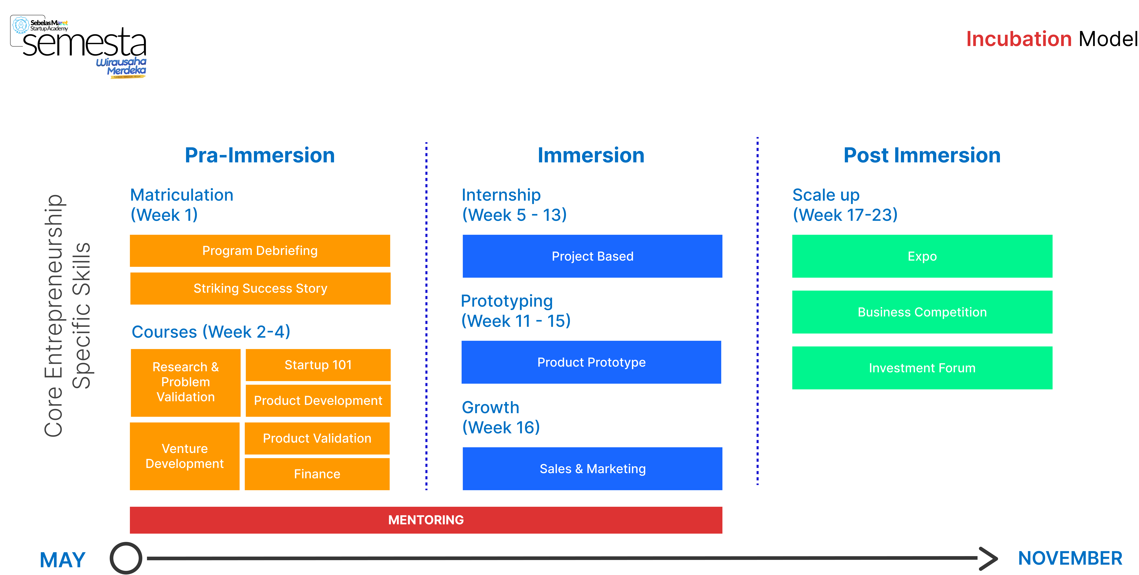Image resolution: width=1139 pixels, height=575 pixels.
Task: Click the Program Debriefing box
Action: coord(260,251)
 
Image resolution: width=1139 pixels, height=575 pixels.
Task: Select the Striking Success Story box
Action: coord(260,288)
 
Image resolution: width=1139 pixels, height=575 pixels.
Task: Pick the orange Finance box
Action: coord(317,474)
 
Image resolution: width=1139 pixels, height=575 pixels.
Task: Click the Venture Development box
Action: coord(185,456)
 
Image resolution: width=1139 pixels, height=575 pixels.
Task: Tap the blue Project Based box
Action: coord(593,256)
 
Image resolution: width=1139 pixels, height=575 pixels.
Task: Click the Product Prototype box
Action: coord(591,362)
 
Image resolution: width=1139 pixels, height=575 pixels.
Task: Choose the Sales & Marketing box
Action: coord(593,468)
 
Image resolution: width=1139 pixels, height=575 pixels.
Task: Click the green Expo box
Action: coord(922,256)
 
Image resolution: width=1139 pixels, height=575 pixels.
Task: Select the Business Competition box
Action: coord(922,312)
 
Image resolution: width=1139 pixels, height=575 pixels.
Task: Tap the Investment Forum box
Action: coord(922,368)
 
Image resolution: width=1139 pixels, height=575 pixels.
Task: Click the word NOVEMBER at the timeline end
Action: coord(1070,558)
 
